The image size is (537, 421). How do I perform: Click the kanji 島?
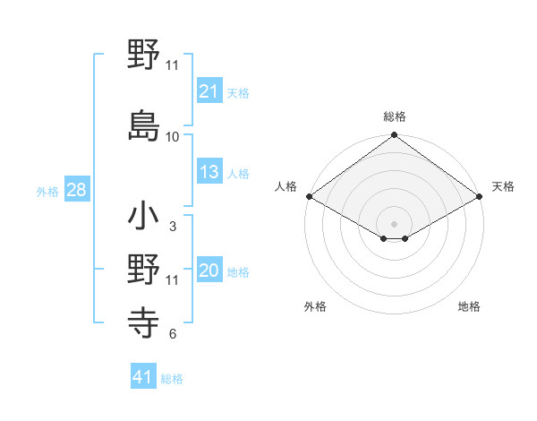pos(144,125)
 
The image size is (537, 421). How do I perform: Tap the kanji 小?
pos(144,218)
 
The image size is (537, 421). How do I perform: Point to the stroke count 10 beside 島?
pos(173,137)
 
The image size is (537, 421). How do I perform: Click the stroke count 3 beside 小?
pos(172,228)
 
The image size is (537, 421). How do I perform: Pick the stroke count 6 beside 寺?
pos(172,335)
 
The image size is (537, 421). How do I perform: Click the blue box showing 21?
pos(209,91)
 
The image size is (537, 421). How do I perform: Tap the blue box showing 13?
pos(209,172)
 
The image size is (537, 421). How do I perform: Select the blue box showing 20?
pos(209,271)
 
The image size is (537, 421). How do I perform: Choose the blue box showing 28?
pos(76,191)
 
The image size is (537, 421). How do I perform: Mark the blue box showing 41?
pos(143,378)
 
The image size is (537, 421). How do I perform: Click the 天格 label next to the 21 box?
pos(238,92)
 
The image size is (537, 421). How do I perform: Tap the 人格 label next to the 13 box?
pos(238,173)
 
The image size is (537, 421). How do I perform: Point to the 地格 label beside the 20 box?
pos(238,272)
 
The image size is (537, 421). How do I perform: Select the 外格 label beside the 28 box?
pos(47,192)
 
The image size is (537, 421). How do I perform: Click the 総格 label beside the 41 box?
pos(172,379)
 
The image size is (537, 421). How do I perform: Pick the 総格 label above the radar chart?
pos(394,116)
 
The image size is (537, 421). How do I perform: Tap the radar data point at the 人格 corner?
pos(309,195)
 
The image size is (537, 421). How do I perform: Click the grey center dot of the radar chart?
pos(394,222)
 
